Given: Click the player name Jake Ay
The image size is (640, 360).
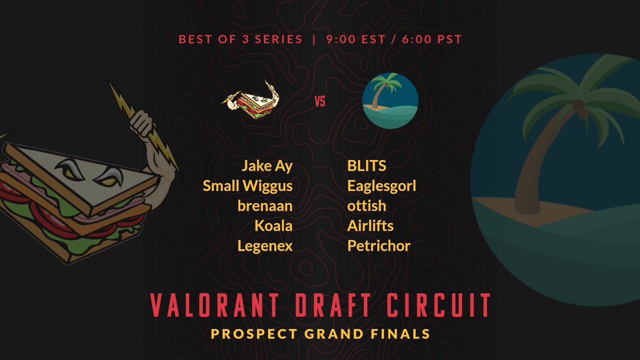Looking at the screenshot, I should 267,166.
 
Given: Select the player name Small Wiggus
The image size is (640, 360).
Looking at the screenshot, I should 247,186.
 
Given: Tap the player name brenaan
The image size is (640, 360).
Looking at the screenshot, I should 265,206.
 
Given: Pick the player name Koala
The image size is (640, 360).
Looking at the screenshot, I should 273,226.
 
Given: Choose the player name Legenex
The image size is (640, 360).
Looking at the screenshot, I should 265,246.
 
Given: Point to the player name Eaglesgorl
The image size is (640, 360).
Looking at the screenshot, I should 381,186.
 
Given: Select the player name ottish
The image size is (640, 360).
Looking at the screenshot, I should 366,206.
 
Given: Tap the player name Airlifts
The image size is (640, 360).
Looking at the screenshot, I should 370,226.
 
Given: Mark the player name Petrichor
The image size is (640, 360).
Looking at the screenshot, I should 379,246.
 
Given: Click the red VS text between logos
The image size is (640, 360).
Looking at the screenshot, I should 320,101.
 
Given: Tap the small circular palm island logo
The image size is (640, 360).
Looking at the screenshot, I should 390,101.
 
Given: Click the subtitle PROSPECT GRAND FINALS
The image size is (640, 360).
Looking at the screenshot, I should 320,334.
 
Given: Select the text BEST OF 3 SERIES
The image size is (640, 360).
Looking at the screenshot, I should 241,39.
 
